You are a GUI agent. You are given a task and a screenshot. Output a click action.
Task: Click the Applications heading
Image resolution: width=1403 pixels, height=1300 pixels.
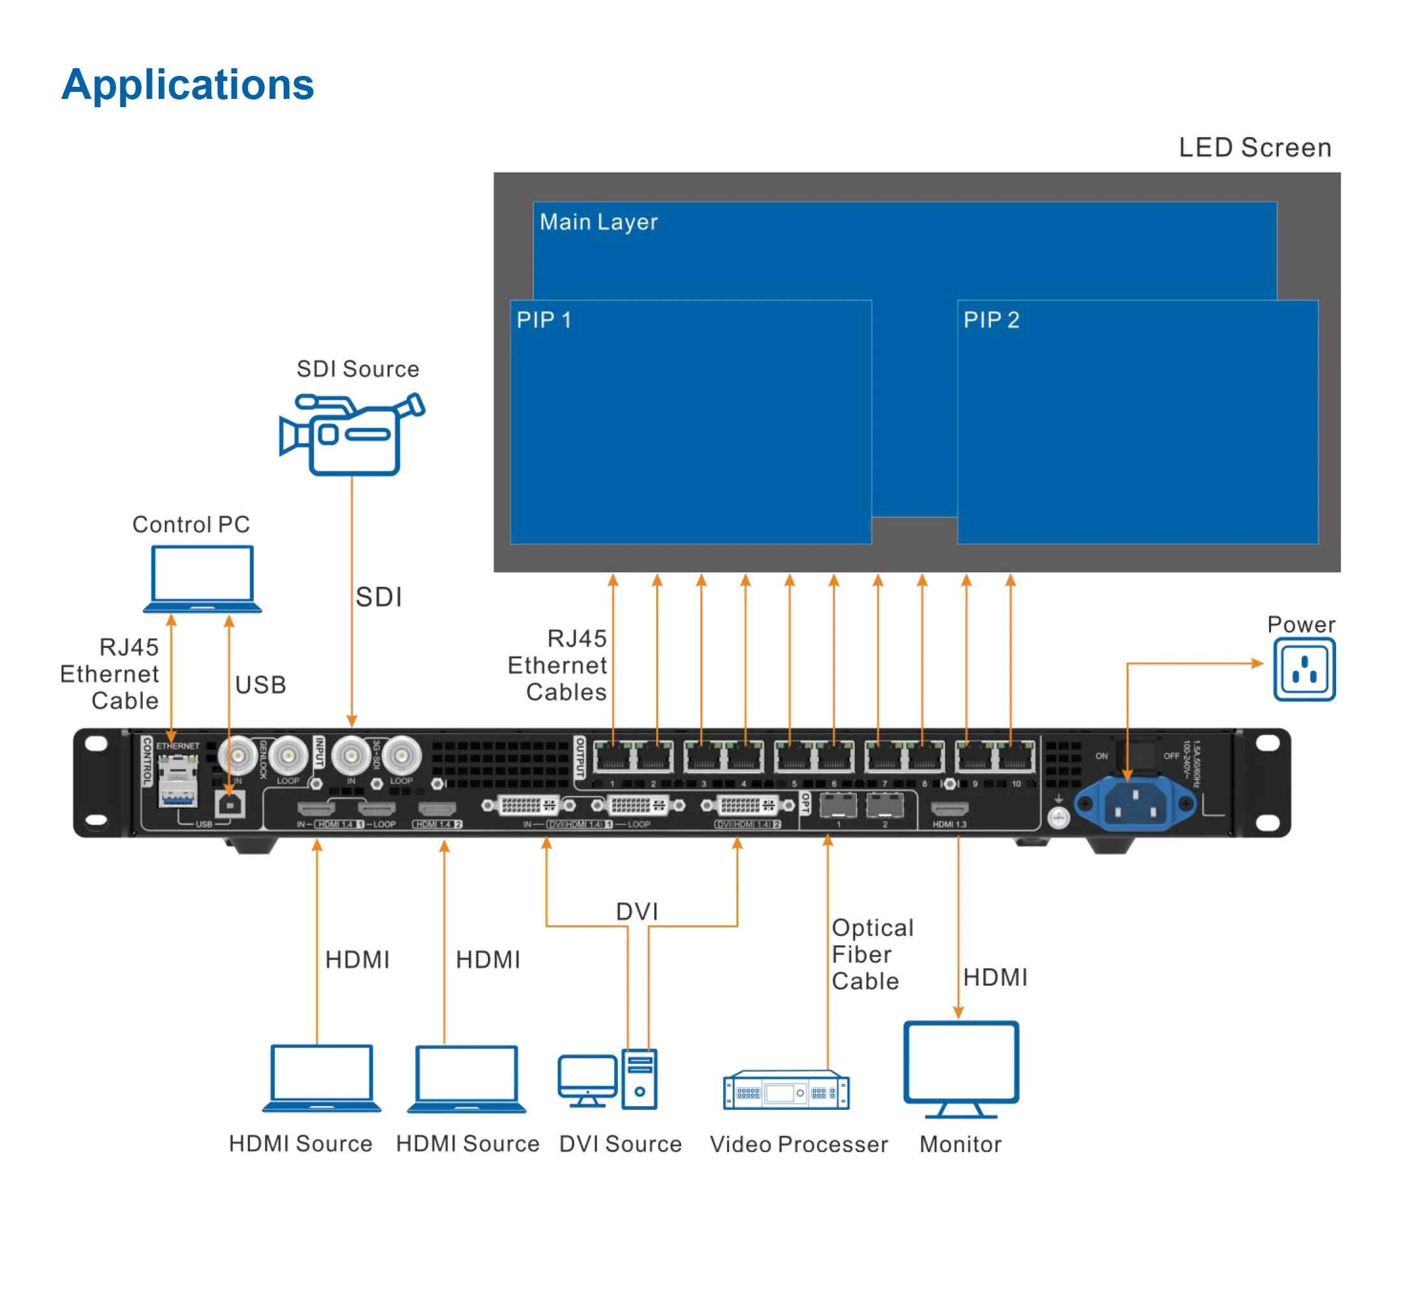pyautogui.click(x=187, y=85)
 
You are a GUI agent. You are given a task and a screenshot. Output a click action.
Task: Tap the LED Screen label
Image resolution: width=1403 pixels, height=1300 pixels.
pyautogui.click(x=1254, y=148)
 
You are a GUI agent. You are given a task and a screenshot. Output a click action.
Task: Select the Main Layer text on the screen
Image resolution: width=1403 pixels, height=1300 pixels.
pyautogui.click(x=598, y=222)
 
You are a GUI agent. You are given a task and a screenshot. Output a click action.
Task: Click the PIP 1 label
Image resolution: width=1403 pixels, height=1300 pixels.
pyautogui.click(x=543, y=320)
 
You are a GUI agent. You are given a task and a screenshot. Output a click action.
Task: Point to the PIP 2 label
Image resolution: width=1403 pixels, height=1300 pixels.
pyautogui.click(x=990, y=320)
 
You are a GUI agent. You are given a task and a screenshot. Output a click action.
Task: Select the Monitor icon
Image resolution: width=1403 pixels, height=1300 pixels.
pyautogui.click(x=960, y=1068)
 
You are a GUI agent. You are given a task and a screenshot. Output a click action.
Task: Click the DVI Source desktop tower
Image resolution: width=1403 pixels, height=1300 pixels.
pyautogui.click(x=638, y=1079)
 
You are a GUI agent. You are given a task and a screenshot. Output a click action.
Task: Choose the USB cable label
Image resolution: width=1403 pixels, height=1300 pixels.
pyautogui.click(x=260, y=685)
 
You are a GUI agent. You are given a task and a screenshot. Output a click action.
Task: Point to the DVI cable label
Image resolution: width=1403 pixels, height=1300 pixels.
pyautogui.click(x=636, y=912)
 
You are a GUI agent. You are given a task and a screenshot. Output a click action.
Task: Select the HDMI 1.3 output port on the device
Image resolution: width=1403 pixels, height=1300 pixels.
pyautogui.click(x=949, y=808)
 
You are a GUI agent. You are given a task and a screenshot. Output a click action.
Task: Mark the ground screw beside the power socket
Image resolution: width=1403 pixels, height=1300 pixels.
pyautogui.click(x=1058, y=817)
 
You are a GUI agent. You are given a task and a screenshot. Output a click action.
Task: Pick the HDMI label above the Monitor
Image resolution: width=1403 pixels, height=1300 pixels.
pyautogui.click(x=994, y=977)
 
